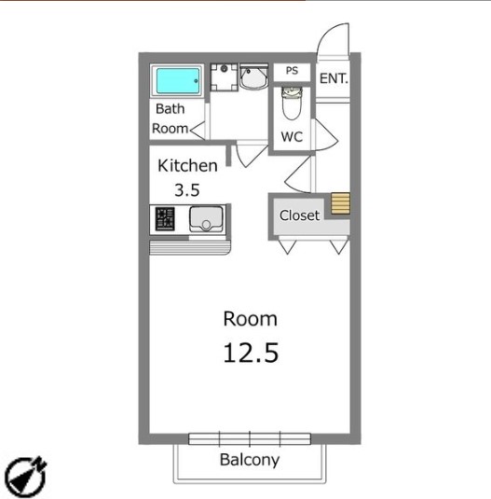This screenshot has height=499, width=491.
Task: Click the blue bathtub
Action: pyautogui.click(x=178, y=81)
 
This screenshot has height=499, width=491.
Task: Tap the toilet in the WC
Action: pyautogui.click(x=292, y=103)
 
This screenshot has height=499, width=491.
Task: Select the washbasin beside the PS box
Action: pyautogui.click(x=253, y=76)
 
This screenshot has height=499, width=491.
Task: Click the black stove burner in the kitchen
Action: pyautogui.click(x=165, y=218)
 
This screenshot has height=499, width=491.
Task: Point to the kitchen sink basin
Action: pyautogui.click(x=206, y=218)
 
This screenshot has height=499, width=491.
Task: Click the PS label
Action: pyautogui.click(x=292, y=70)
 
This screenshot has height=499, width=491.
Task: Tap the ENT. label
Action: pyautogui.click(x=334, y=78)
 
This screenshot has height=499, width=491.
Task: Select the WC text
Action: pyautogui.click(x=292, y=137)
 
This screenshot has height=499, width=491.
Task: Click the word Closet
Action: pyautogui.click(x=299, y=215)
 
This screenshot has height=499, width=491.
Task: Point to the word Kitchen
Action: pyautogui.click(x=187, y=166)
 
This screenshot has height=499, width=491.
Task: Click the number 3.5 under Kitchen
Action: pyautogui.click(x=187, y=190)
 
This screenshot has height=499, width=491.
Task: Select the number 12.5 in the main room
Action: pyautogui.click(x=251, y=353)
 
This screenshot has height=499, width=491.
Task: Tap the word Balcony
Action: pyautogui.click(x=250, y=460)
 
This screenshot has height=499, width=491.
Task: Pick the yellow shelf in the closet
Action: pyautogui.click(x=341, y=203)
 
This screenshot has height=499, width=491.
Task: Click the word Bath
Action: pyautogui.click(x=170, y=109)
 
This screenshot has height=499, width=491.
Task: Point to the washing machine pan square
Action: pyautogui.click(x=224, y=77)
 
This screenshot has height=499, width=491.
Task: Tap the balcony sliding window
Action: pyautogui.click(x=250, y=439)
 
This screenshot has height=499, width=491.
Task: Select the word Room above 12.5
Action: pyautogui.click(x=250, y=319)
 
